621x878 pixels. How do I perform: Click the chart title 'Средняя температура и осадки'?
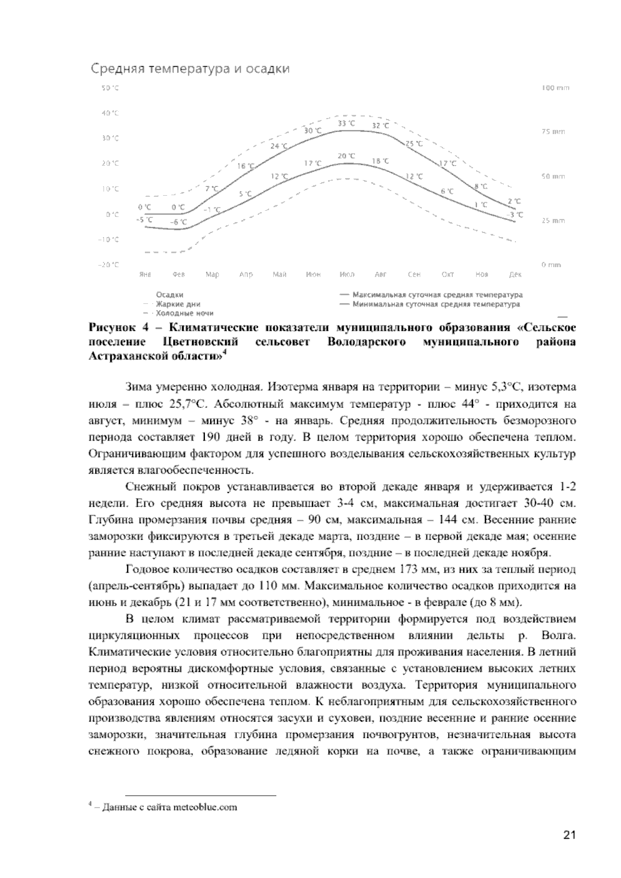(190, 69)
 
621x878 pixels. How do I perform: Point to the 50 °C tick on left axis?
(110, 88)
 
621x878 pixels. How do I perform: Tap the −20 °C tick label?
(109, 265)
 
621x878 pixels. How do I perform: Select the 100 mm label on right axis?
(555, 88)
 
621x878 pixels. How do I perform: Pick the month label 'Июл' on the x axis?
(347, 274)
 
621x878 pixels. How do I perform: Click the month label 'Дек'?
(515, 274)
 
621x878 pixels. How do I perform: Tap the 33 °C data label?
(346, 123)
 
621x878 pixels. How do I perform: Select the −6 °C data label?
(179, 222)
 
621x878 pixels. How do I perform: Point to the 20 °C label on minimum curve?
(346, 156)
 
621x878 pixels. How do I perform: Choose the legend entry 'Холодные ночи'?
(184, 313)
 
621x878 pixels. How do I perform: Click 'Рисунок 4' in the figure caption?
(120, 328)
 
